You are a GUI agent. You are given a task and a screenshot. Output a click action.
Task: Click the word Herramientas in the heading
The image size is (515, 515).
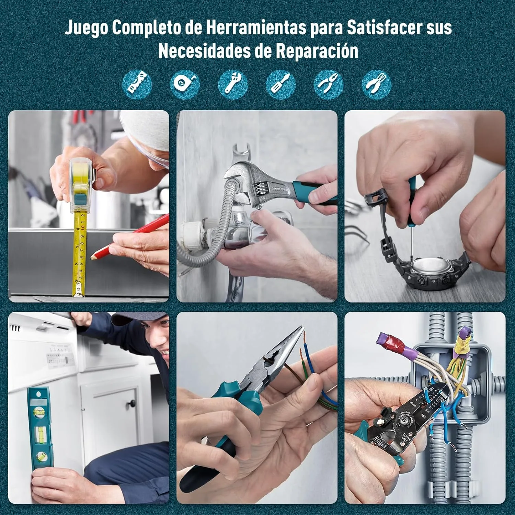(x=256, y=27)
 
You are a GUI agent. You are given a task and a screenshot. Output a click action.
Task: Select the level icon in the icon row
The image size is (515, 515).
(x=137, y=84)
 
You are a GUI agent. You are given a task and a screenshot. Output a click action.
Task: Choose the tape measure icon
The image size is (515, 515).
(x=185, y=84)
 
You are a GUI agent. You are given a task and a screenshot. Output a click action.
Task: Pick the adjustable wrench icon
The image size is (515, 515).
(x=233, y=84)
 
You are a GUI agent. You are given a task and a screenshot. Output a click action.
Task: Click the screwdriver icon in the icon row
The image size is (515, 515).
(x=281, y=84)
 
